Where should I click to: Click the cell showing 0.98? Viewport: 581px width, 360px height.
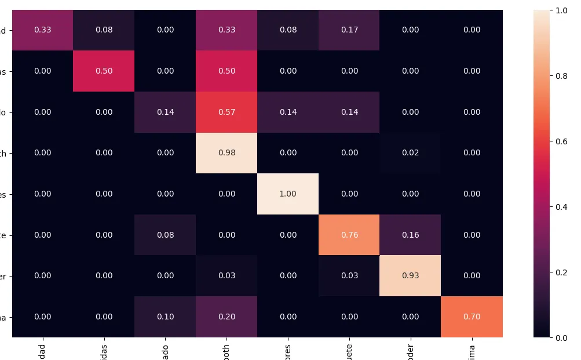(x=226, y=153)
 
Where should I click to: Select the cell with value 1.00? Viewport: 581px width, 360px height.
(x=288, y=194)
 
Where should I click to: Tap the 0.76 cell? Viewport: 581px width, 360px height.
(x=349, y=235)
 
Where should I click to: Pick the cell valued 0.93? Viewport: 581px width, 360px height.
(x=411, y=275)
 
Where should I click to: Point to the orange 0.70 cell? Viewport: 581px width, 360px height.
(x=472, y=317)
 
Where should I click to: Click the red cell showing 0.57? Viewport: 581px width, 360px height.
(x=226, y=112)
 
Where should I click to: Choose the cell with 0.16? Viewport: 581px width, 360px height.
(x=411, y=235)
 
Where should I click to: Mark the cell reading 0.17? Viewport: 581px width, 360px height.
(x=349, y=30)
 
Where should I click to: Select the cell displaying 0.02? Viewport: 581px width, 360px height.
(x=411, y=153)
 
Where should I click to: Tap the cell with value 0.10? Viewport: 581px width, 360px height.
(x=165, y=317)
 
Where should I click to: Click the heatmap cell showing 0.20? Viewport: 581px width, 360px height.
(x=226, y=317)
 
